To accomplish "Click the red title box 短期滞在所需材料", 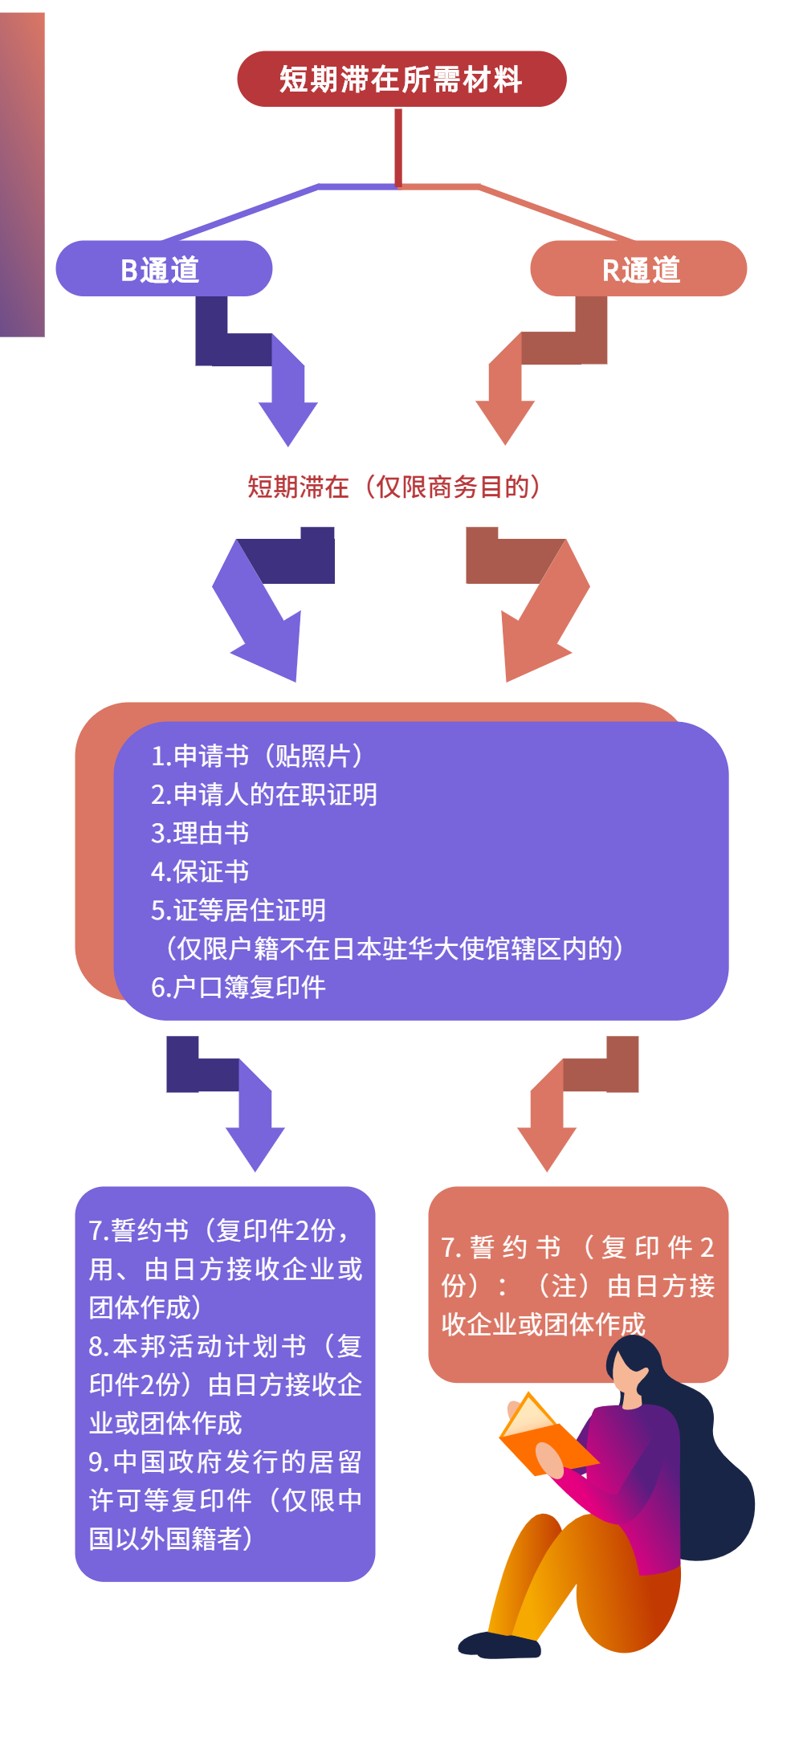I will click(401, 79).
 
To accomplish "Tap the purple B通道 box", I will click(164, 269).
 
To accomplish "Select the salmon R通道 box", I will click(638, 269).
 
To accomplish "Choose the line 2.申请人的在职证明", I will click(263, 794).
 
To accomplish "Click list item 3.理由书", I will click(200, 833).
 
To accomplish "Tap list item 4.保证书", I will click(200, 871).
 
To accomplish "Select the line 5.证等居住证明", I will click(238, 910).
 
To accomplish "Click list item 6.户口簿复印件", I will click(238, 987).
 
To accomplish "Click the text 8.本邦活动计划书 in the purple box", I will click(198, 1346).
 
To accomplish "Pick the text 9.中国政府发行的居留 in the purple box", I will click(225, 1462).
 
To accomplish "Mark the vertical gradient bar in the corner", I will click(22, 174).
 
